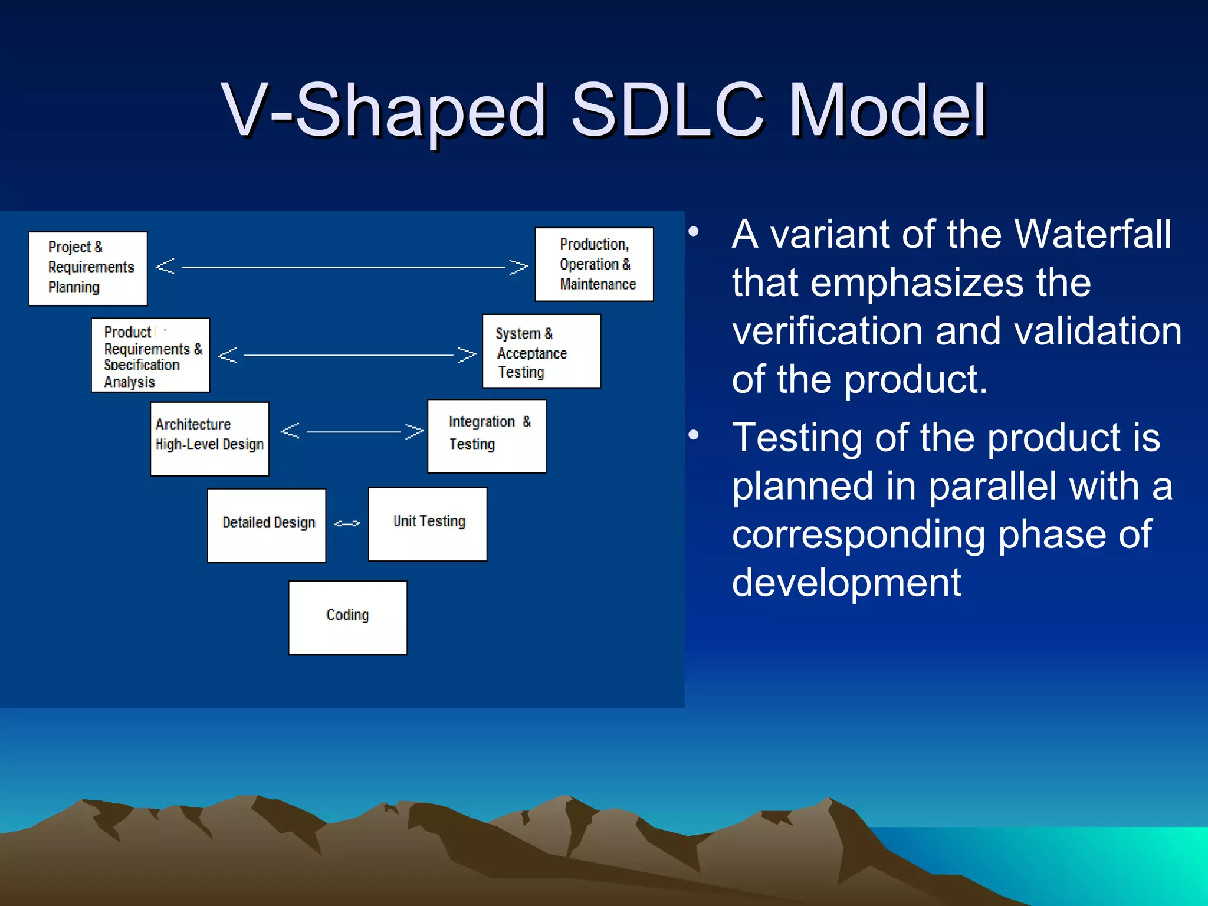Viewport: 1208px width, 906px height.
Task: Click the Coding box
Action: click(x=347, y=618)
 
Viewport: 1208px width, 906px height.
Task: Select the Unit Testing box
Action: click(x=428, y=524)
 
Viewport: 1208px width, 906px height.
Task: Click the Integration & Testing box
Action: click(x=487, y=436)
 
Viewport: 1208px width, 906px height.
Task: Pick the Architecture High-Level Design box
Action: click(x=209, y=438)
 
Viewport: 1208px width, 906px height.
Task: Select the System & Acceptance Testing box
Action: click(x=541, y=351)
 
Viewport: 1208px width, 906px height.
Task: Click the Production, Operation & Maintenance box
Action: click(x=594, y=264)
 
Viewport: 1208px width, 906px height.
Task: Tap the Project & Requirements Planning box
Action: click(x=88, y=268)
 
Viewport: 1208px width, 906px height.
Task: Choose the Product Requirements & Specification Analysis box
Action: click(x=150, y=355)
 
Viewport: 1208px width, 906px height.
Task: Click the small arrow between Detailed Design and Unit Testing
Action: click(x=347, y=523)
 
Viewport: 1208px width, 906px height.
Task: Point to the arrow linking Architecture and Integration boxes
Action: click(x=352, y=431)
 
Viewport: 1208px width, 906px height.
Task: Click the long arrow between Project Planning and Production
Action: click(x=342, y=267)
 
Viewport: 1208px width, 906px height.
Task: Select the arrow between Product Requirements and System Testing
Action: click(x=347, y=355)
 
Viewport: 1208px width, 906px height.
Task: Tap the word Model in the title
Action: click(x=887, y=109)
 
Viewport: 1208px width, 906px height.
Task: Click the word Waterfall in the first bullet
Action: click(x=1092, y=234)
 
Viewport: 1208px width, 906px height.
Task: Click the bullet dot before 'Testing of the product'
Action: click(x=694, y=435)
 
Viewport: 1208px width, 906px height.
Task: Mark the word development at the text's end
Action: click(x=846, y=583)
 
